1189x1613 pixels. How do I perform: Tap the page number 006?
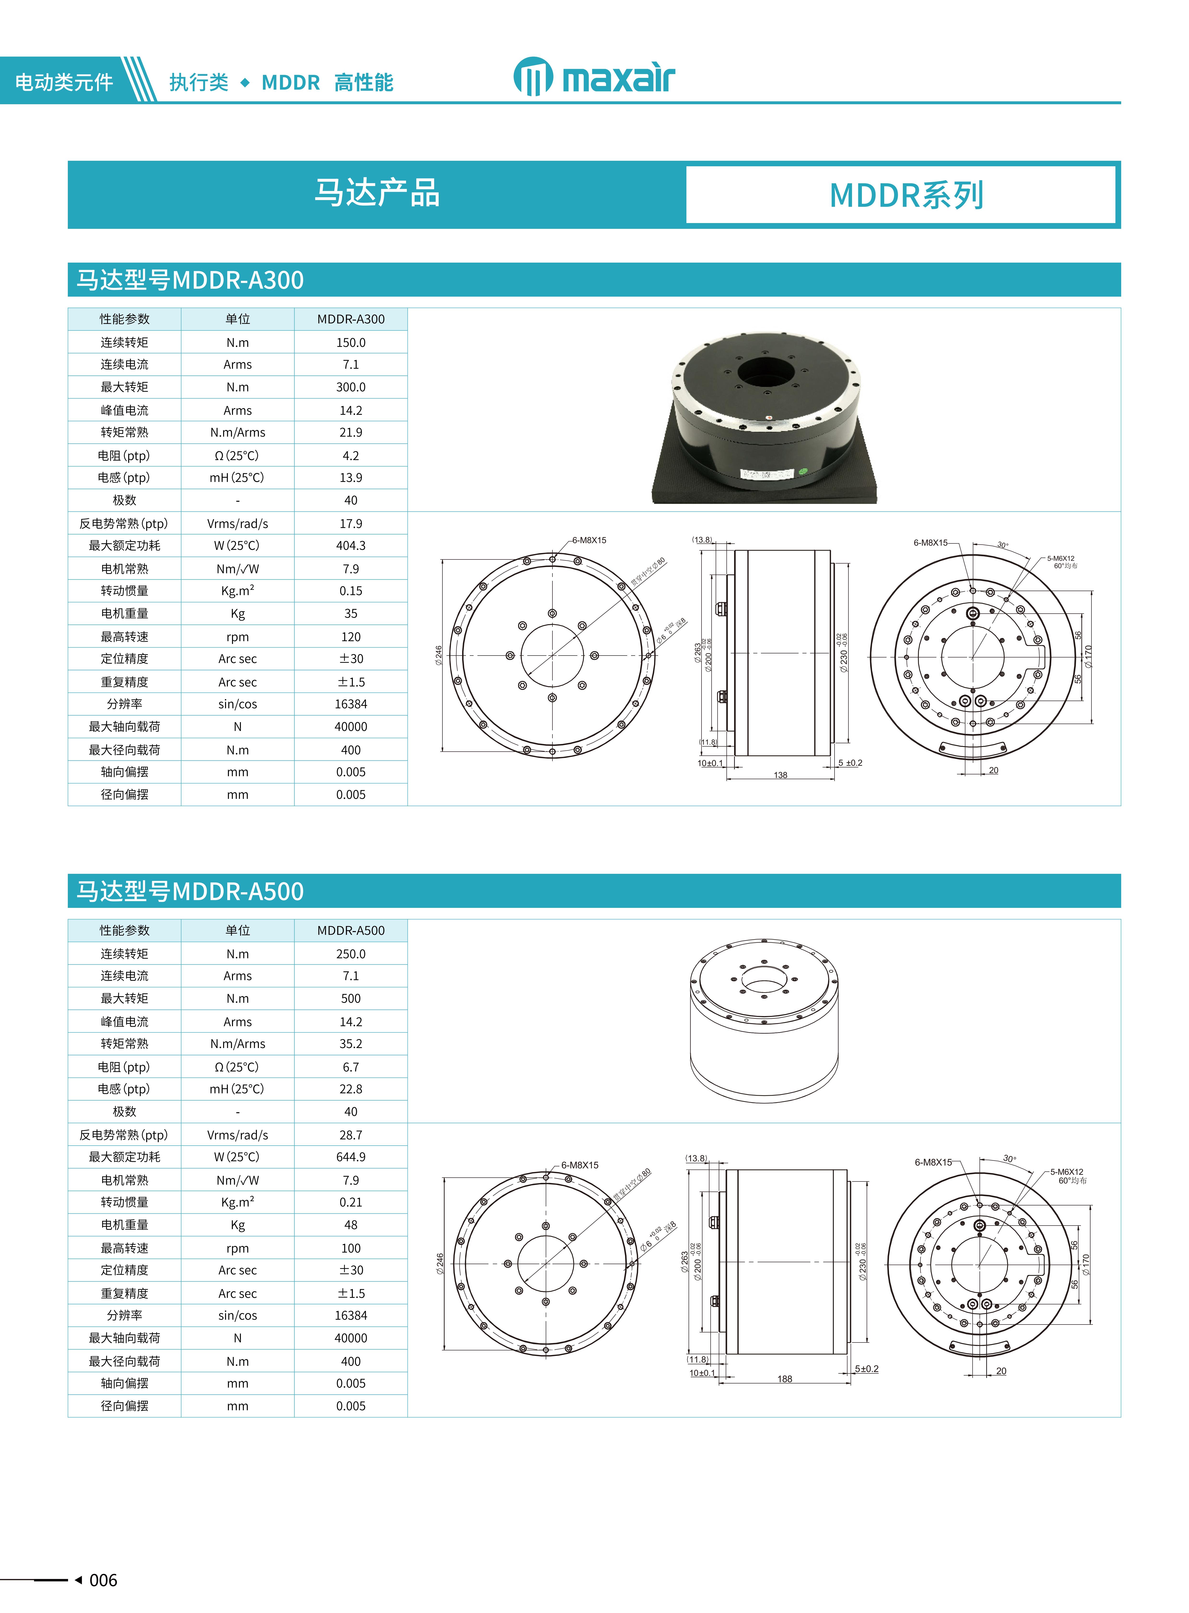[103, 1580]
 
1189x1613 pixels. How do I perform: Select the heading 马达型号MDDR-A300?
[190, 280]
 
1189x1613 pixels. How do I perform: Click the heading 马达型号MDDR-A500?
[190, 891]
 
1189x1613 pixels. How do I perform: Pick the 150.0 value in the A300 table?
[350, 342]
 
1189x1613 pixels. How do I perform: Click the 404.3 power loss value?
[350, 545]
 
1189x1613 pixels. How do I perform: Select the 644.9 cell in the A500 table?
[350, 1157]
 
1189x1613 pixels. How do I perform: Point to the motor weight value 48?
[350, 1225]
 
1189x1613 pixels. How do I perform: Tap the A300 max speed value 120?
[350, 637]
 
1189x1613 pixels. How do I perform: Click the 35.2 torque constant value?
[350, 1043]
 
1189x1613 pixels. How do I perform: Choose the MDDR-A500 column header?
[350, 930]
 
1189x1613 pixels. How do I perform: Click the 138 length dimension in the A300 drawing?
[780, 775]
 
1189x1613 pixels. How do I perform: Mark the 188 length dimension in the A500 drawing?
[784, 1378]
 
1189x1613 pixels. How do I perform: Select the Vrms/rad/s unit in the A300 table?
[238, 524]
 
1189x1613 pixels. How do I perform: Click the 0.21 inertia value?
[350, 1202]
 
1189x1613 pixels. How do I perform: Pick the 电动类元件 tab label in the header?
[64, 82]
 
